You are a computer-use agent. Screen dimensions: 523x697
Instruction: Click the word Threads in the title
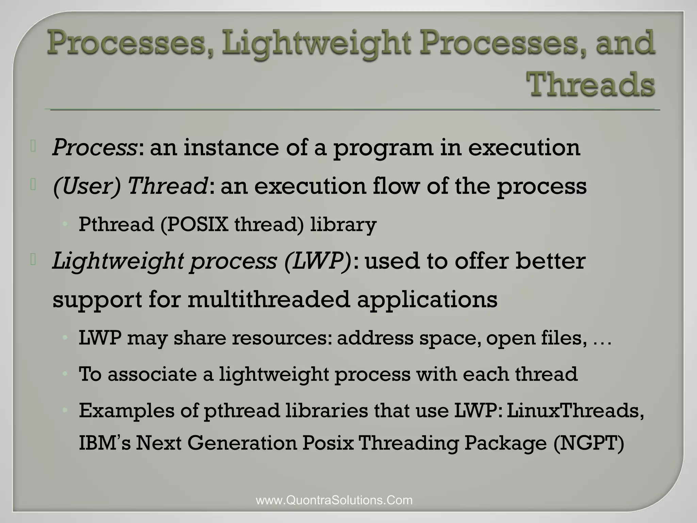coord(590,84)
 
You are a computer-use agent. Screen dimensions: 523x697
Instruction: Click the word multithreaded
coord(269,300)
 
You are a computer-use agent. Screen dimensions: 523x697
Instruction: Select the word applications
coord(427,300)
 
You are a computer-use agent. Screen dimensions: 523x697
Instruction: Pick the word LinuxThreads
coord(575,410)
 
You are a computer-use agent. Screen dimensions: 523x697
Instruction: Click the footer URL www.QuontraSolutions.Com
coord(334,500)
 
